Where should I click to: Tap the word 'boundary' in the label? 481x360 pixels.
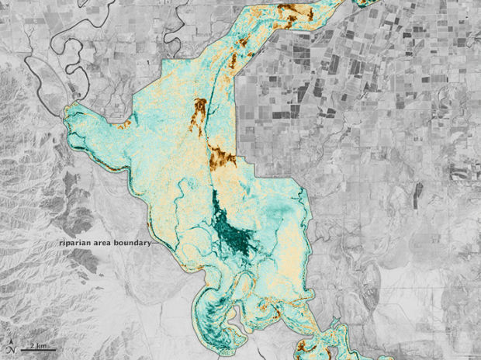click(x=131, y=242)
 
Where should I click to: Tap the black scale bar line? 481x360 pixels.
click(x=36, y=348)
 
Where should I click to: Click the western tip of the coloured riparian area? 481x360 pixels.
click(x=68, y=116)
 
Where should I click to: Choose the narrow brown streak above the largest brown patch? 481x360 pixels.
click(x=200, y=109)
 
